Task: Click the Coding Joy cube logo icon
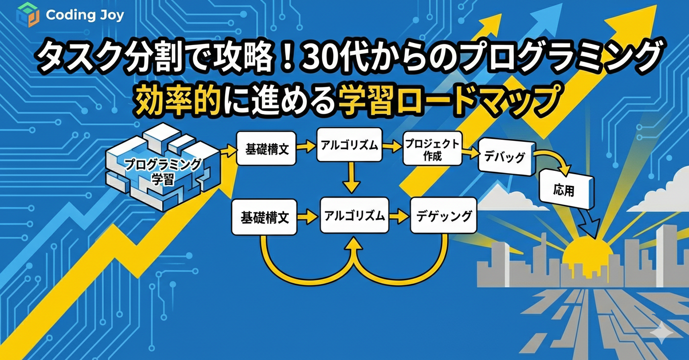(x=27, y=15)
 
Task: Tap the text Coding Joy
(x=85, y=15)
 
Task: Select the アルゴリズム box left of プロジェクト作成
(x=348, y=145)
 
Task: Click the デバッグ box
(x=505, y=157)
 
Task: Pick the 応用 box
(x=566, y=190)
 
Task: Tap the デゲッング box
(x=444, y=215)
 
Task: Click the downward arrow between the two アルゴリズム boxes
(x=351, y=179)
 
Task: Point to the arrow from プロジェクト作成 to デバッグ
(x=470, y=153)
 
